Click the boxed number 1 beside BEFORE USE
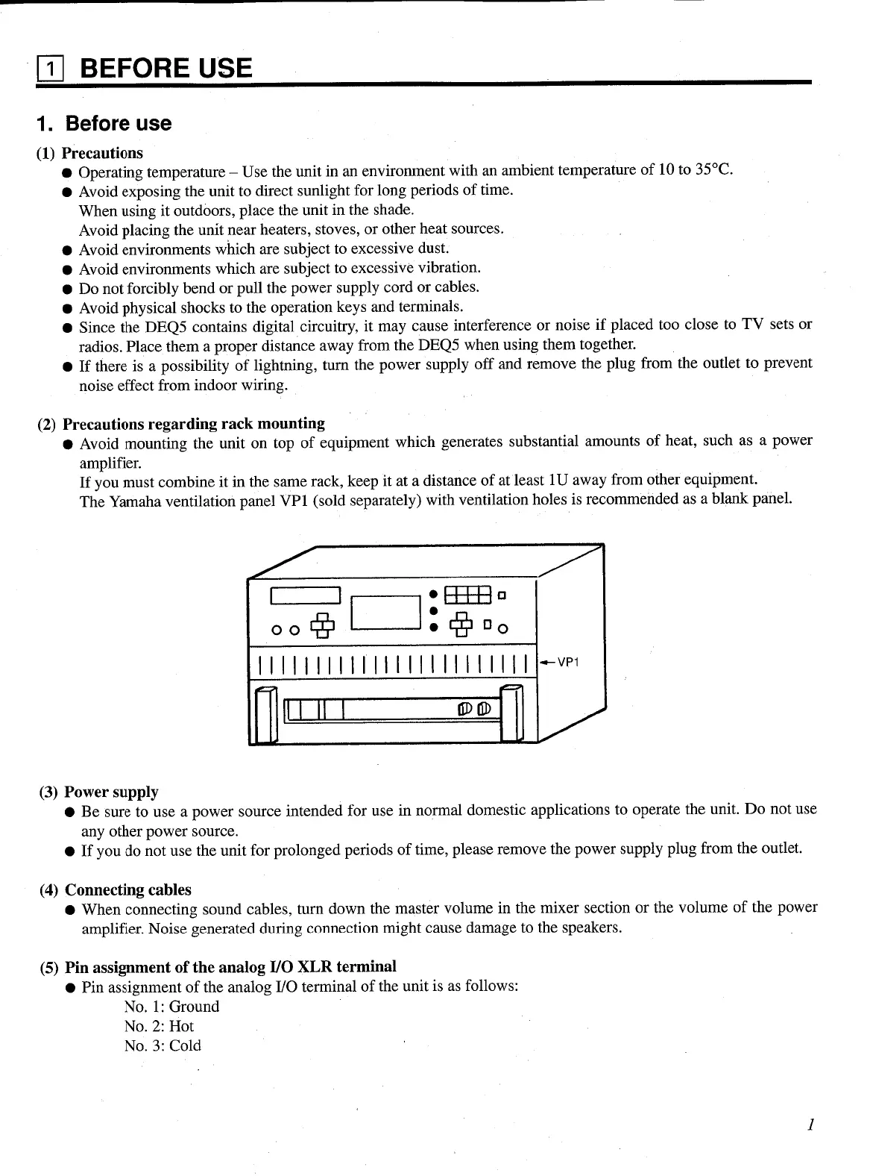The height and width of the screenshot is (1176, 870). point(51,69)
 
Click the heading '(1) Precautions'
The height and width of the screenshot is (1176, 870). point(89,153)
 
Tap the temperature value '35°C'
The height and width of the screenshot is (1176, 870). point(713,169)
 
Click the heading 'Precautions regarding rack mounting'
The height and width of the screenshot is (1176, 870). point(193,424)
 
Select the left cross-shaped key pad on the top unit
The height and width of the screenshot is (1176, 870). point(323,625)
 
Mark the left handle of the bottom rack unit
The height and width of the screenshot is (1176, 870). point(266,715)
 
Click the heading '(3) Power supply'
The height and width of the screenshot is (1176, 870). point(98,792)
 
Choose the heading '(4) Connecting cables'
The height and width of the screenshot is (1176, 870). point(115,889)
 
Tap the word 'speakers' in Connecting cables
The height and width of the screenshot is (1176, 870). point(592,928)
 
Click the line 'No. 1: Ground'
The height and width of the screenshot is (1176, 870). point(171,1006)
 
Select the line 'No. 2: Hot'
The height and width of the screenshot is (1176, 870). point(159,1026)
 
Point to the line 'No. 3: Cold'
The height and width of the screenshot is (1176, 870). point(163,1045)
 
